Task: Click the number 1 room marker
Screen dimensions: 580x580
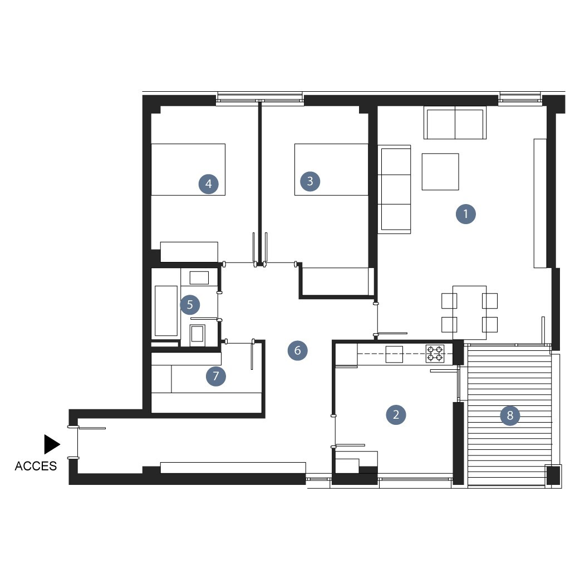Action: click(465, 214)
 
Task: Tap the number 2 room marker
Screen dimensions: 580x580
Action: click(396, 415)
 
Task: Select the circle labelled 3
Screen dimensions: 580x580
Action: click(310, 181)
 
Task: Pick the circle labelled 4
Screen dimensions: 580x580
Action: click(209, 184)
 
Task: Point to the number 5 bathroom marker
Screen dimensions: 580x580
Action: click(190, 305)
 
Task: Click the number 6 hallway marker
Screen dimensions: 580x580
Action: click(297, 350)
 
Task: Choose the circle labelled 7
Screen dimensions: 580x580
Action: click(216, 376)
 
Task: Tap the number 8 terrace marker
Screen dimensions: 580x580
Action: click(510, 415)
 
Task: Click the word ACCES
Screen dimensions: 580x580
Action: click(36, 466)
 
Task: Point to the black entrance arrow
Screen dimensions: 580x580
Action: click(52, 444)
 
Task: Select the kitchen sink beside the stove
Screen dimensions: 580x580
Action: click(394, 354)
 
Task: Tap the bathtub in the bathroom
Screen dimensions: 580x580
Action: click(166, 311)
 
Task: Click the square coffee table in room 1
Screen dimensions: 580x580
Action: click(440, 172)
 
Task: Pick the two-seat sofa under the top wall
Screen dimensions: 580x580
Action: click(455, 124)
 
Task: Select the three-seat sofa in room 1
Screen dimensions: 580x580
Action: click(394, 190)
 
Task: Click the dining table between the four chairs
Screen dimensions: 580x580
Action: click(470, 313)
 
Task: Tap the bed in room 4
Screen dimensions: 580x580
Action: click(188, 170)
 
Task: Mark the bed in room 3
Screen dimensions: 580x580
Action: click(332, 170)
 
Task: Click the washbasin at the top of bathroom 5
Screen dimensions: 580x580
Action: click(199, 277)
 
